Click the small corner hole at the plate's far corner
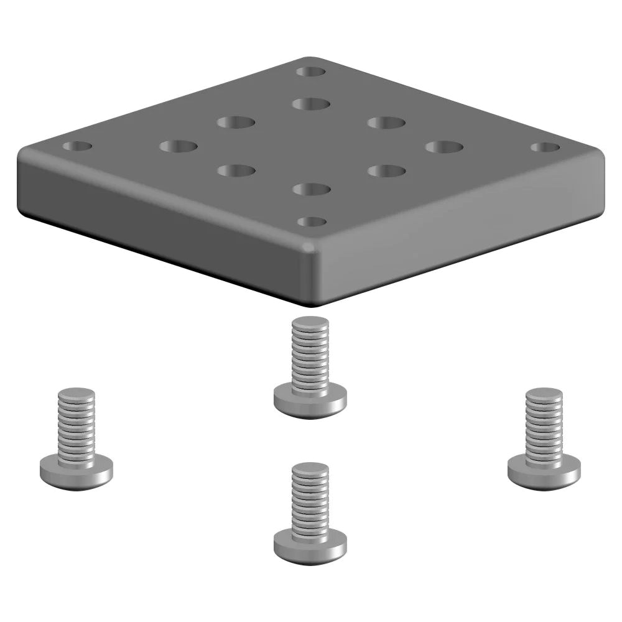pyautogui.click(x=311, y=72)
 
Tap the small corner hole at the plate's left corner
pyautogui.click(x=78, y=147)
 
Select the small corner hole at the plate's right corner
pyautogui.click(x=545, y=147)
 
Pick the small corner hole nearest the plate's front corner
pyautogui.click(x=312, y=221)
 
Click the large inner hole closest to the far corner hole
pyautogui.click(x=311, y=103)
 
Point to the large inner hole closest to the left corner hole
pyautogui.click(x=178, y=147)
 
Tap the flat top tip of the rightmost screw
pyautogui.click(x=544, y=394)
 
